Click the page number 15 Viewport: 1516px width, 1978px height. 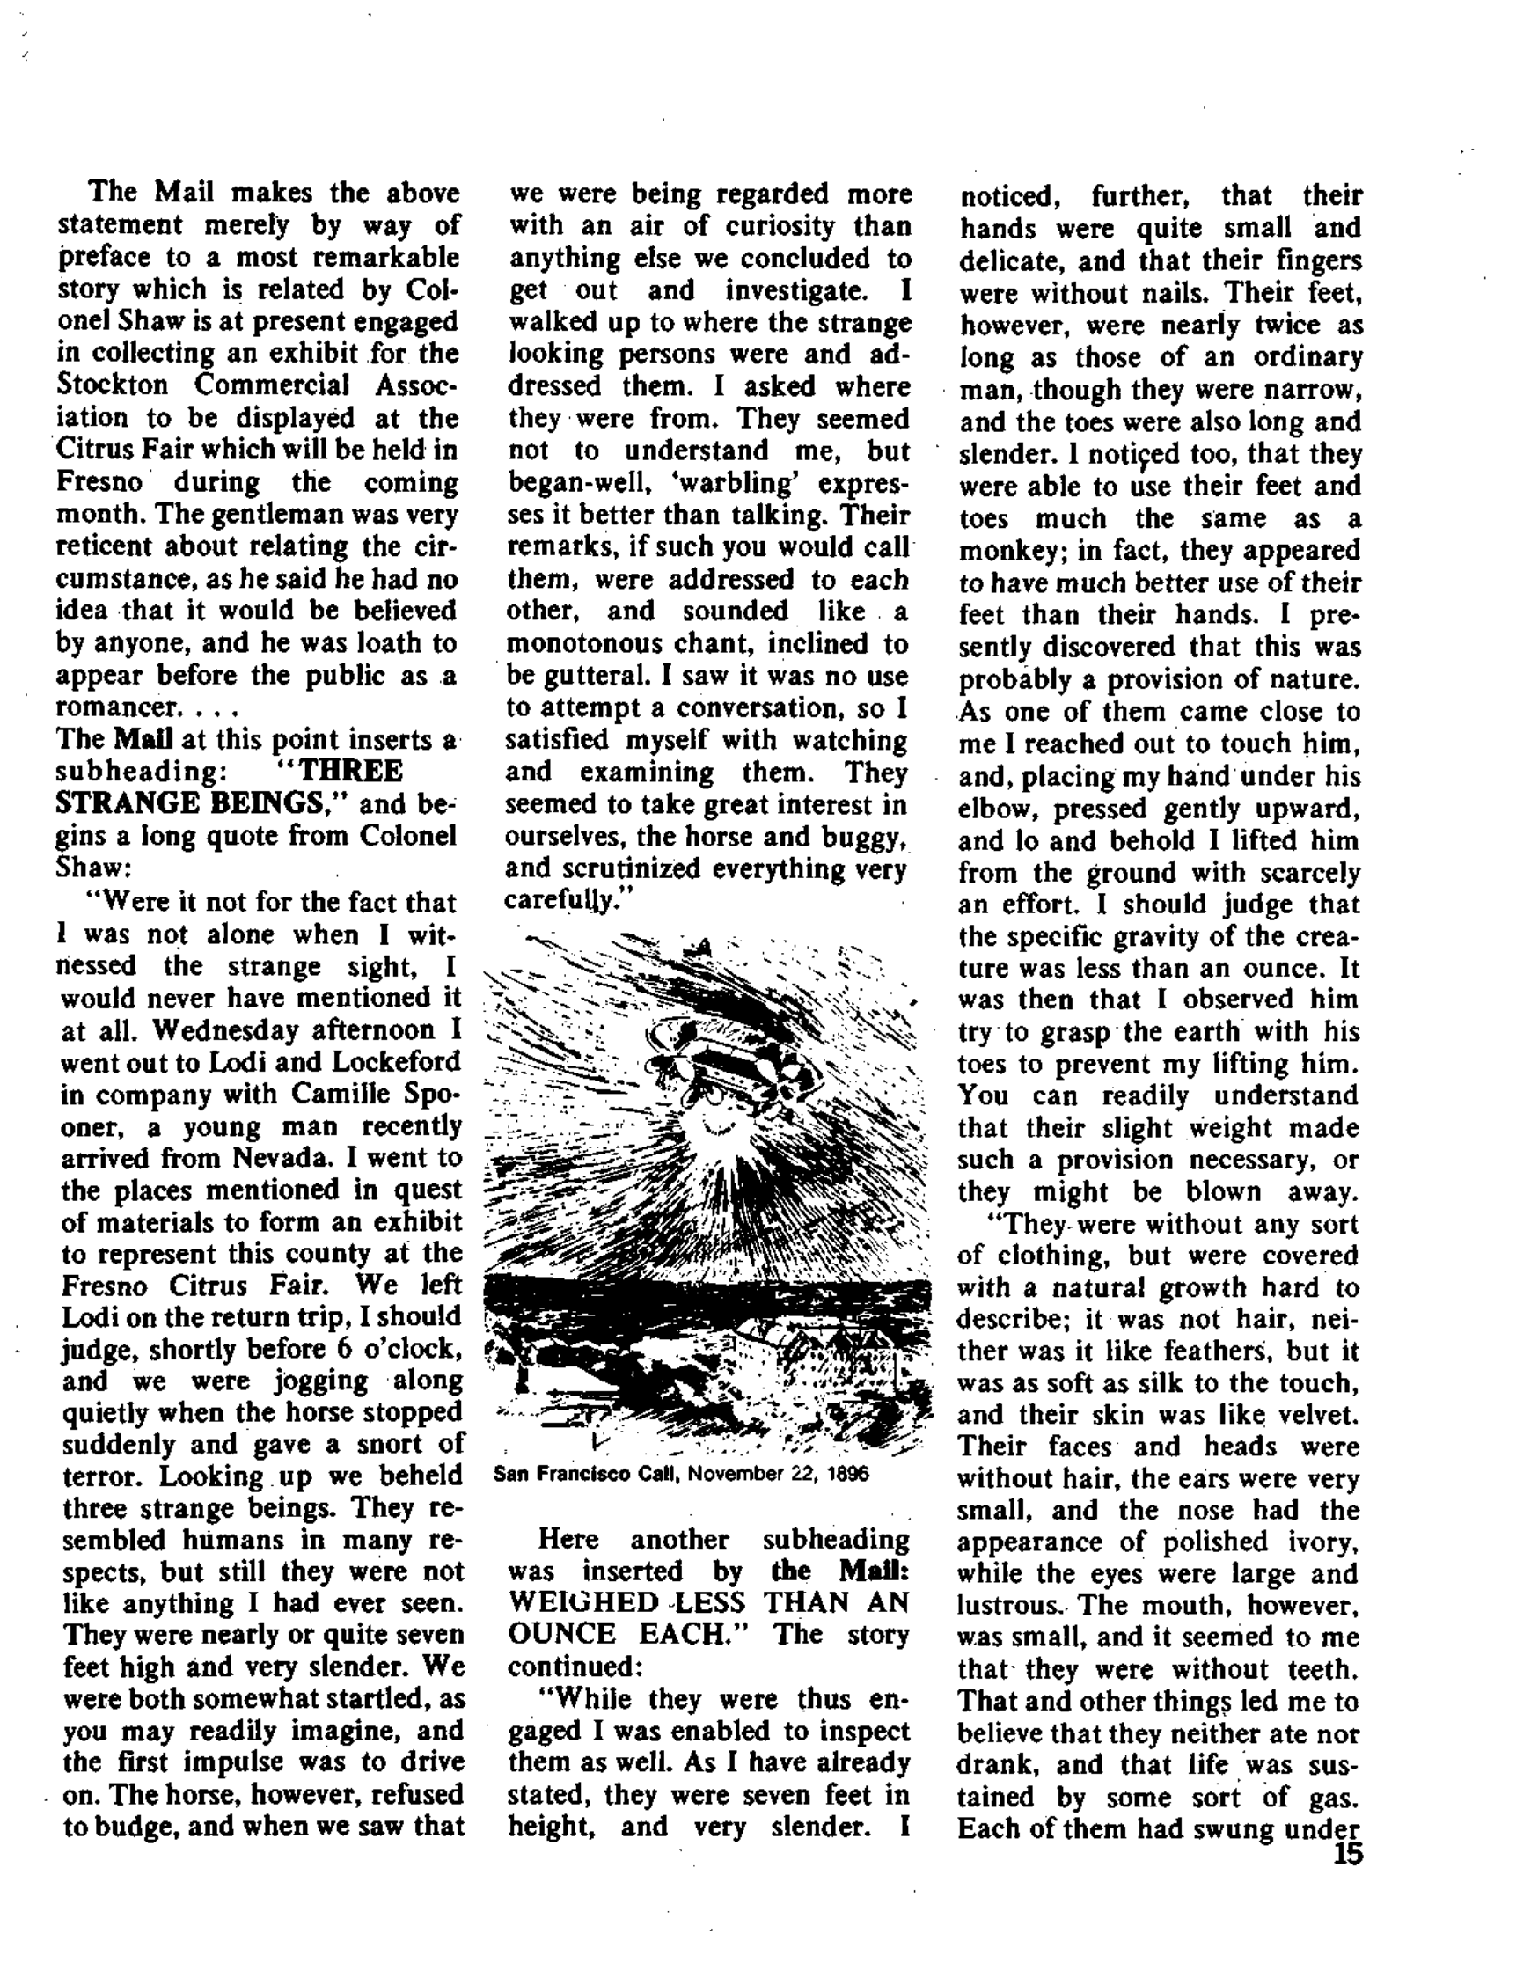click(1347, 1856)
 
